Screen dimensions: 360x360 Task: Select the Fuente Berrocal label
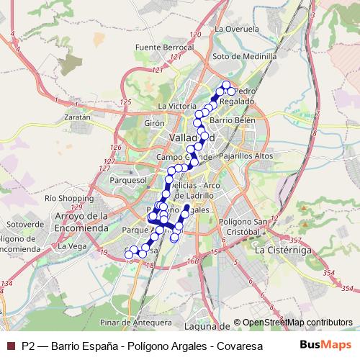(x=150, y=48)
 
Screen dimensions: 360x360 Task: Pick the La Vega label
(x=72, y=246)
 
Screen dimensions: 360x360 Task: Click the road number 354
(x=330, y=270)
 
